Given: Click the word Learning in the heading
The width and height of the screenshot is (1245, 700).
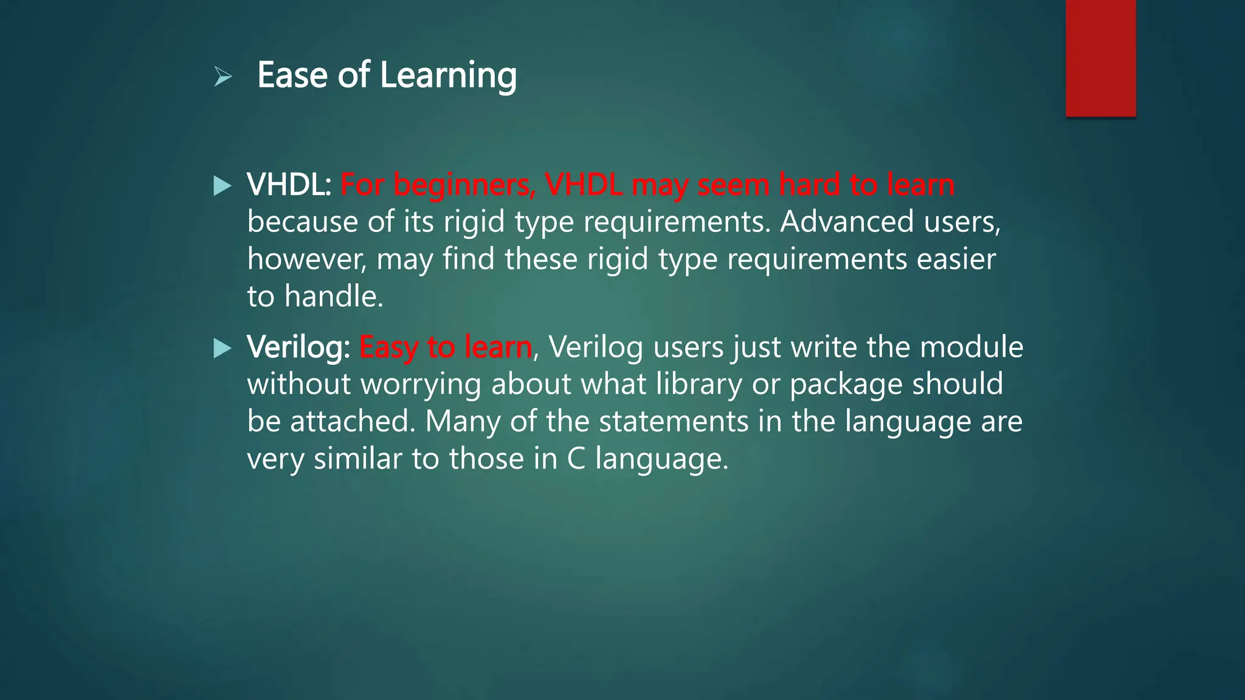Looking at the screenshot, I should [x=448, y=75].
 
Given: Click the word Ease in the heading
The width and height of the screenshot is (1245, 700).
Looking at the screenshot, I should [x=292, y=75].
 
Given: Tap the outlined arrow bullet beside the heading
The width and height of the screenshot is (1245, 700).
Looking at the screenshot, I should [x=223, y=77].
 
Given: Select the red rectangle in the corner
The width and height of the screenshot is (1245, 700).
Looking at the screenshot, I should [x=1100, y=58].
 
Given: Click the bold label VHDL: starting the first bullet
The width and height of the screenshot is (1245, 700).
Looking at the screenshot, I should [x=289, y=185].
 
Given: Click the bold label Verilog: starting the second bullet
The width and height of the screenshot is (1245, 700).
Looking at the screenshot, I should [x=298, y=347].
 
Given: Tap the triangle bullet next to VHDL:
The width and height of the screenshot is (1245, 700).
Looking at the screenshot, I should [x=223, y=186].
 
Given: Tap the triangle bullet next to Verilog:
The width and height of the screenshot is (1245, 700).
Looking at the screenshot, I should [x=223, y=348].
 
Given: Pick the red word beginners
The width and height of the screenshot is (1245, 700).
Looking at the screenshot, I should [x=464, y=186].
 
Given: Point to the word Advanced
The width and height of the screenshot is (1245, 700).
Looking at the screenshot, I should [x=847, y=221].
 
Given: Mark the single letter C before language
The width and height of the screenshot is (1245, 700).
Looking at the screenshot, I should [x=576, y=459].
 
